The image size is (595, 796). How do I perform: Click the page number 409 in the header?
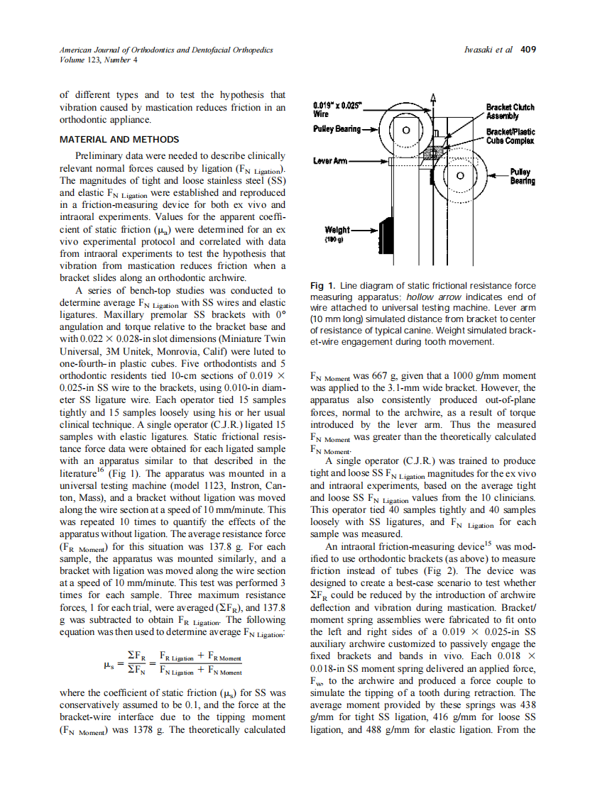(528, 50)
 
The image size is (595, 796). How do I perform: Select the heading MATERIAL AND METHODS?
(119, 140)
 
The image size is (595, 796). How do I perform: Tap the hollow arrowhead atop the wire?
(434, 99)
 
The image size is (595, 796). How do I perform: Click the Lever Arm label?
(330, 161)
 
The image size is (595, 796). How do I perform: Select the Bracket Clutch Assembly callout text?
(510, 111)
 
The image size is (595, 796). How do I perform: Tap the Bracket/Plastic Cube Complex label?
(511, 136)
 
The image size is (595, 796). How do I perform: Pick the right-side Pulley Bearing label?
(522, 177)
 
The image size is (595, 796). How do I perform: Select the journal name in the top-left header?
(165, 50)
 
